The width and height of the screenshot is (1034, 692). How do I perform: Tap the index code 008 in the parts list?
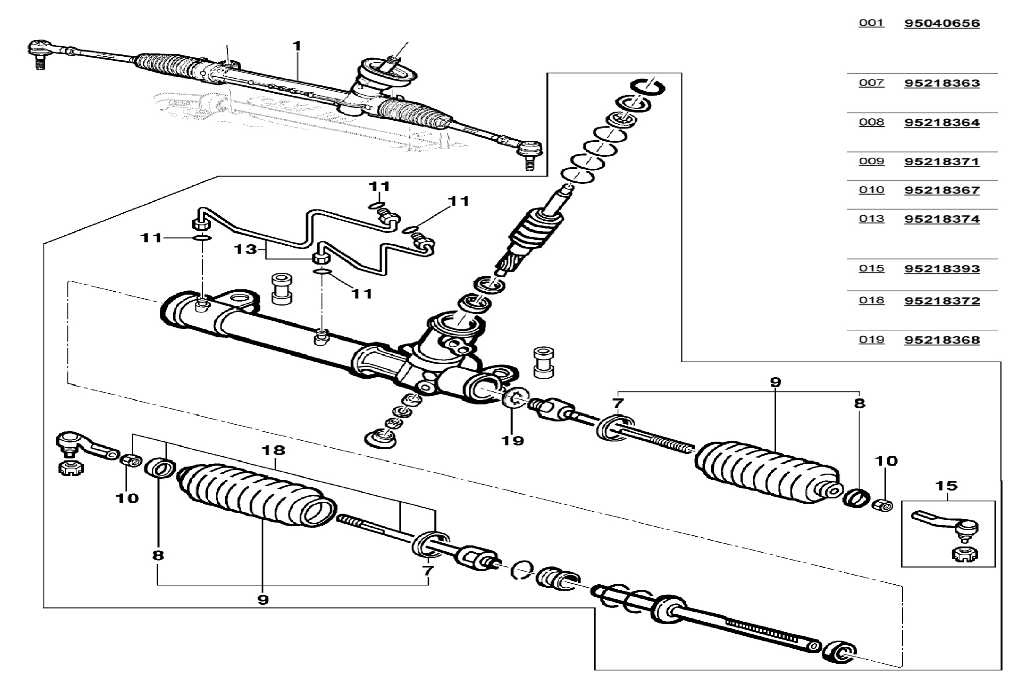coord(871,122)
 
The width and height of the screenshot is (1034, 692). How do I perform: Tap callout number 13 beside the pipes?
coord(245,249)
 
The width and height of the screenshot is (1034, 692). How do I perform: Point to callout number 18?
coord(274,450)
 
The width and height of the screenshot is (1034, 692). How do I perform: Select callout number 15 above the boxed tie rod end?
coord(946,486)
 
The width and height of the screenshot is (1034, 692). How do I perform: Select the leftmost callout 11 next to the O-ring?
coord(151,238)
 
